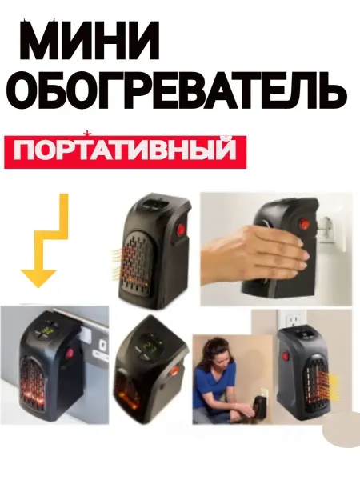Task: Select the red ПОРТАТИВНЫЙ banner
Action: click(x=125, y=151)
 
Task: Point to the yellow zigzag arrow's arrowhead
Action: click(x=38, y=278)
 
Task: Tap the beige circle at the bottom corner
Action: click(x=342, y=429)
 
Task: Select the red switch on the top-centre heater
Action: click(x=180, y=228)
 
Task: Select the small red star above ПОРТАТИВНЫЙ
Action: click(x=87, y=134)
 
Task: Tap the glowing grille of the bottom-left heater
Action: click(x=34, y=383)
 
